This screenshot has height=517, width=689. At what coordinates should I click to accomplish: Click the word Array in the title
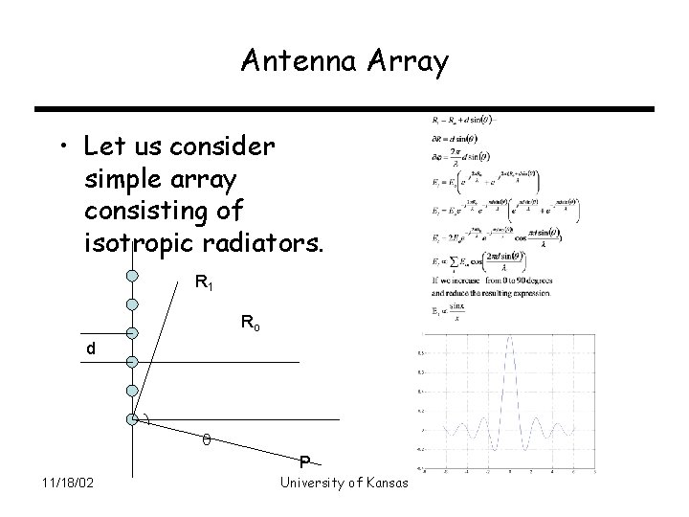point(407,64)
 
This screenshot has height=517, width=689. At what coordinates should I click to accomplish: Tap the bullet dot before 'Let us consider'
point(61,147)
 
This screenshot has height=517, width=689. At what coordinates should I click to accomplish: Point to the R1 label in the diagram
point(204,282)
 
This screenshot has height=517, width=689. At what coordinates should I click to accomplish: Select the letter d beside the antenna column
point(91,350)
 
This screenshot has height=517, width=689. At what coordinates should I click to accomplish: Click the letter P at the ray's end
point(303,461)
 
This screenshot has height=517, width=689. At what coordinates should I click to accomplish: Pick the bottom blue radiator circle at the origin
point(132,419)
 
